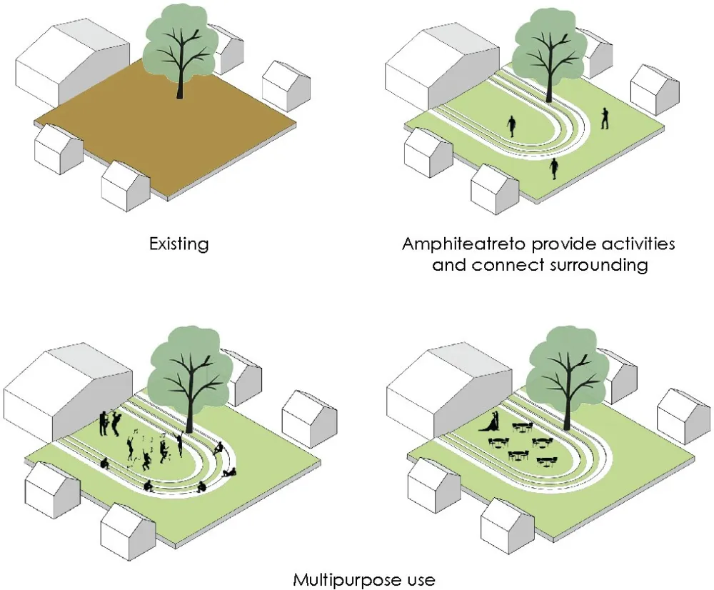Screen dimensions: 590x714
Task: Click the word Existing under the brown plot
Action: (178, 244)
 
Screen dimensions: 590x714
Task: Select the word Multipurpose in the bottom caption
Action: (341, 579)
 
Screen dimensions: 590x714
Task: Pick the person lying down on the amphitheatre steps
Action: (228, 471)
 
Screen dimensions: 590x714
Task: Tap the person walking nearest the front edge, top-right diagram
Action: (554, 169)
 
